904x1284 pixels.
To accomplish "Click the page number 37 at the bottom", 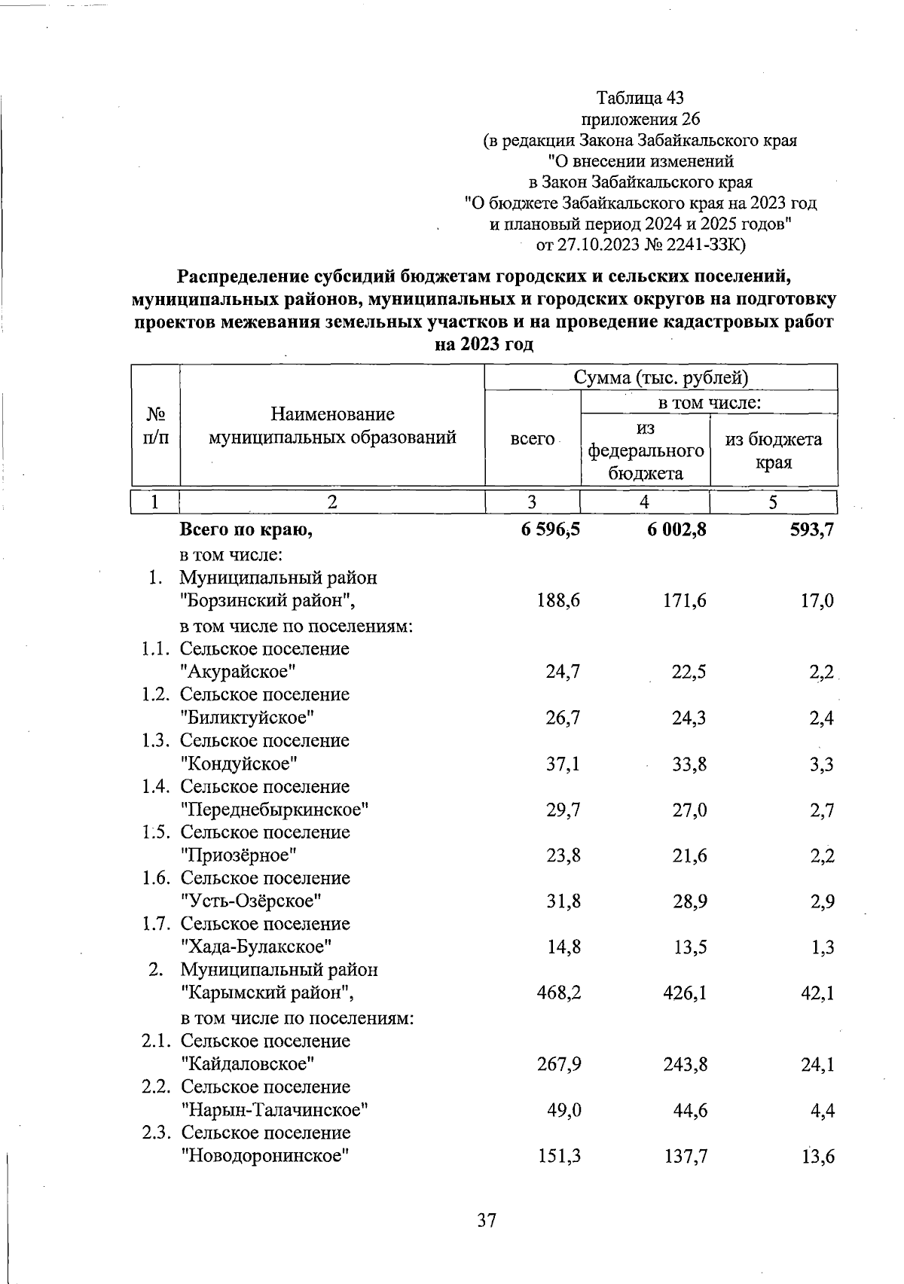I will pyautogui.click(x=487, y=1220).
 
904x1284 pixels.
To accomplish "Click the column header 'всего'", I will pyautogui.click(x=532, y=438).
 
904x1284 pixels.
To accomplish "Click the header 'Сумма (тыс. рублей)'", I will pyautogui.click(x=661, y=377).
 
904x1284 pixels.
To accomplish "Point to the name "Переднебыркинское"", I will pyautogui.click(x=275, y=810).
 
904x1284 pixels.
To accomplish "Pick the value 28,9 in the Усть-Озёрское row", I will pyautogui.click(x=689, y=901).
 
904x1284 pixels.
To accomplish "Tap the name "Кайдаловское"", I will pyautogui.click(x=248, y=1064).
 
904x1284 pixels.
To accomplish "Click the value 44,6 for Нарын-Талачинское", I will pyautogui.click(x=689, y=1111).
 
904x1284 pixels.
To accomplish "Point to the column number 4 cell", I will pyautogui.click(x=644, y=502).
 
